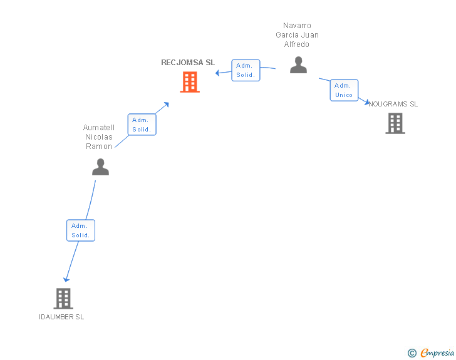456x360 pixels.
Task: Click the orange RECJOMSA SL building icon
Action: pos(190,82)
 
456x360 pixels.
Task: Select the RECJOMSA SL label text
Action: pos(188,63)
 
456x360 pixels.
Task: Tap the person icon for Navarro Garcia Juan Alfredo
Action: pos(299,64)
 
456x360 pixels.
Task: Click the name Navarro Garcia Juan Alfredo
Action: pos(297,35)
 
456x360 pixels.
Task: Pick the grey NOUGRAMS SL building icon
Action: pos(395,123)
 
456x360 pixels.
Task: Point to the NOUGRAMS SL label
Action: pos(393,104)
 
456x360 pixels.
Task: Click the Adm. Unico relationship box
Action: pos(344,90)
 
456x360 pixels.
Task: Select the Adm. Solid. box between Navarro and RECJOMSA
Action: pos(245,70)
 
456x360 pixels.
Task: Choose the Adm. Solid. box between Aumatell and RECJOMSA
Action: pos(142,125)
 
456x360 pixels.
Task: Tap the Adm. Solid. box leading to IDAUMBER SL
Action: pos(81,230)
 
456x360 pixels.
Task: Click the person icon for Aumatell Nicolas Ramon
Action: pos(100,167)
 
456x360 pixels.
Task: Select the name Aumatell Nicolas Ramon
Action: pos(99,137)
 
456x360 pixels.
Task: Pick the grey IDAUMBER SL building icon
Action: pos(63,299)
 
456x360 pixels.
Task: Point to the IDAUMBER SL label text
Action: pos(61,317)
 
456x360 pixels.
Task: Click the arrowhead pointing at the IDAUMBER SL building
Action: pos(66,279)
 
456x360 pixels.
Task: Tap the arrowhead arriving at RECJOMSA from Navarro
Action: pos(217,73)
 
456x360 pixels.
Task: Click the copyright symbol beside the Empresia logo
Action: pos(412,353)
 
